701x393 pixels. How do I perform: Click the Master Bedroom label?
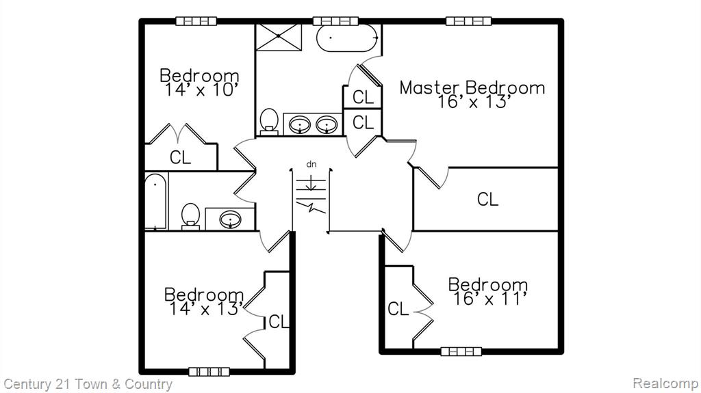pos(472,87)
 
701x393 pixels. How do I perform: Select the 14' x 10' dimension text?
pos(200,90)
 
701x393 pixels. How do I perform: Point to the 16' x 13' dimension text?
pos(473,102)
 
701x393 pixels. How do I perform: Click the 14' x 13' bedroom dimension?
pos(205,309)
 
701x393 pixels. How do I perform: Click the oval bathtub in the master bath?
pos(348,38)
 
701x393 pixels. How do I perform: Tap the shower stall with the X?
pos(279,37)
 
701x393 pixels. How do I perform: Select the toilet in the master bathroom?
pos(269,122)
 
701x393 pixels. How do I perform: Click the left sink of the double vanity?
pos(300,124)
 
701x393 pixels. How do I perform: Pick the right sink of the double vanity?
pos(327,124)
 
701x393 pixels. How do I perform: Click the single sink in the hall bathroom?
pos(230,219)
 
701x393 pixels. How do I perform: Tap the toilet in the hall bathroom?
pos(190,217)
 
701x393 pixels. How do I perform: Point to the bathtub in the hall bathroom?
pos(155,201)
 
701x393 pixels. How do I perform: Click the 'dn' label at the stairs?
pos(311,164)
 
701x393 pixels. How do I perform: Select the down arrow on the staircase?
pos(311,183)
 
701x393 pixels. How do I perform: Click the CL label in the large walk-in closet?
pos(487,199)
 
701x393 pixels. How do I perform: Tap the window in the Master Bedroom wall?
pos(468,21)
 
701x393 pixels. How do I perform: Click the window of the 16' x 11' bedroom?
pos(461,351)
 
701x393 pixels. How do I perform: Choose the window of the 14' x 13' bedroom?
pos(209,372)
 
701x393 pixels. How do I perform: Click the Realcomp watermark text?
pos(665,383)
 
